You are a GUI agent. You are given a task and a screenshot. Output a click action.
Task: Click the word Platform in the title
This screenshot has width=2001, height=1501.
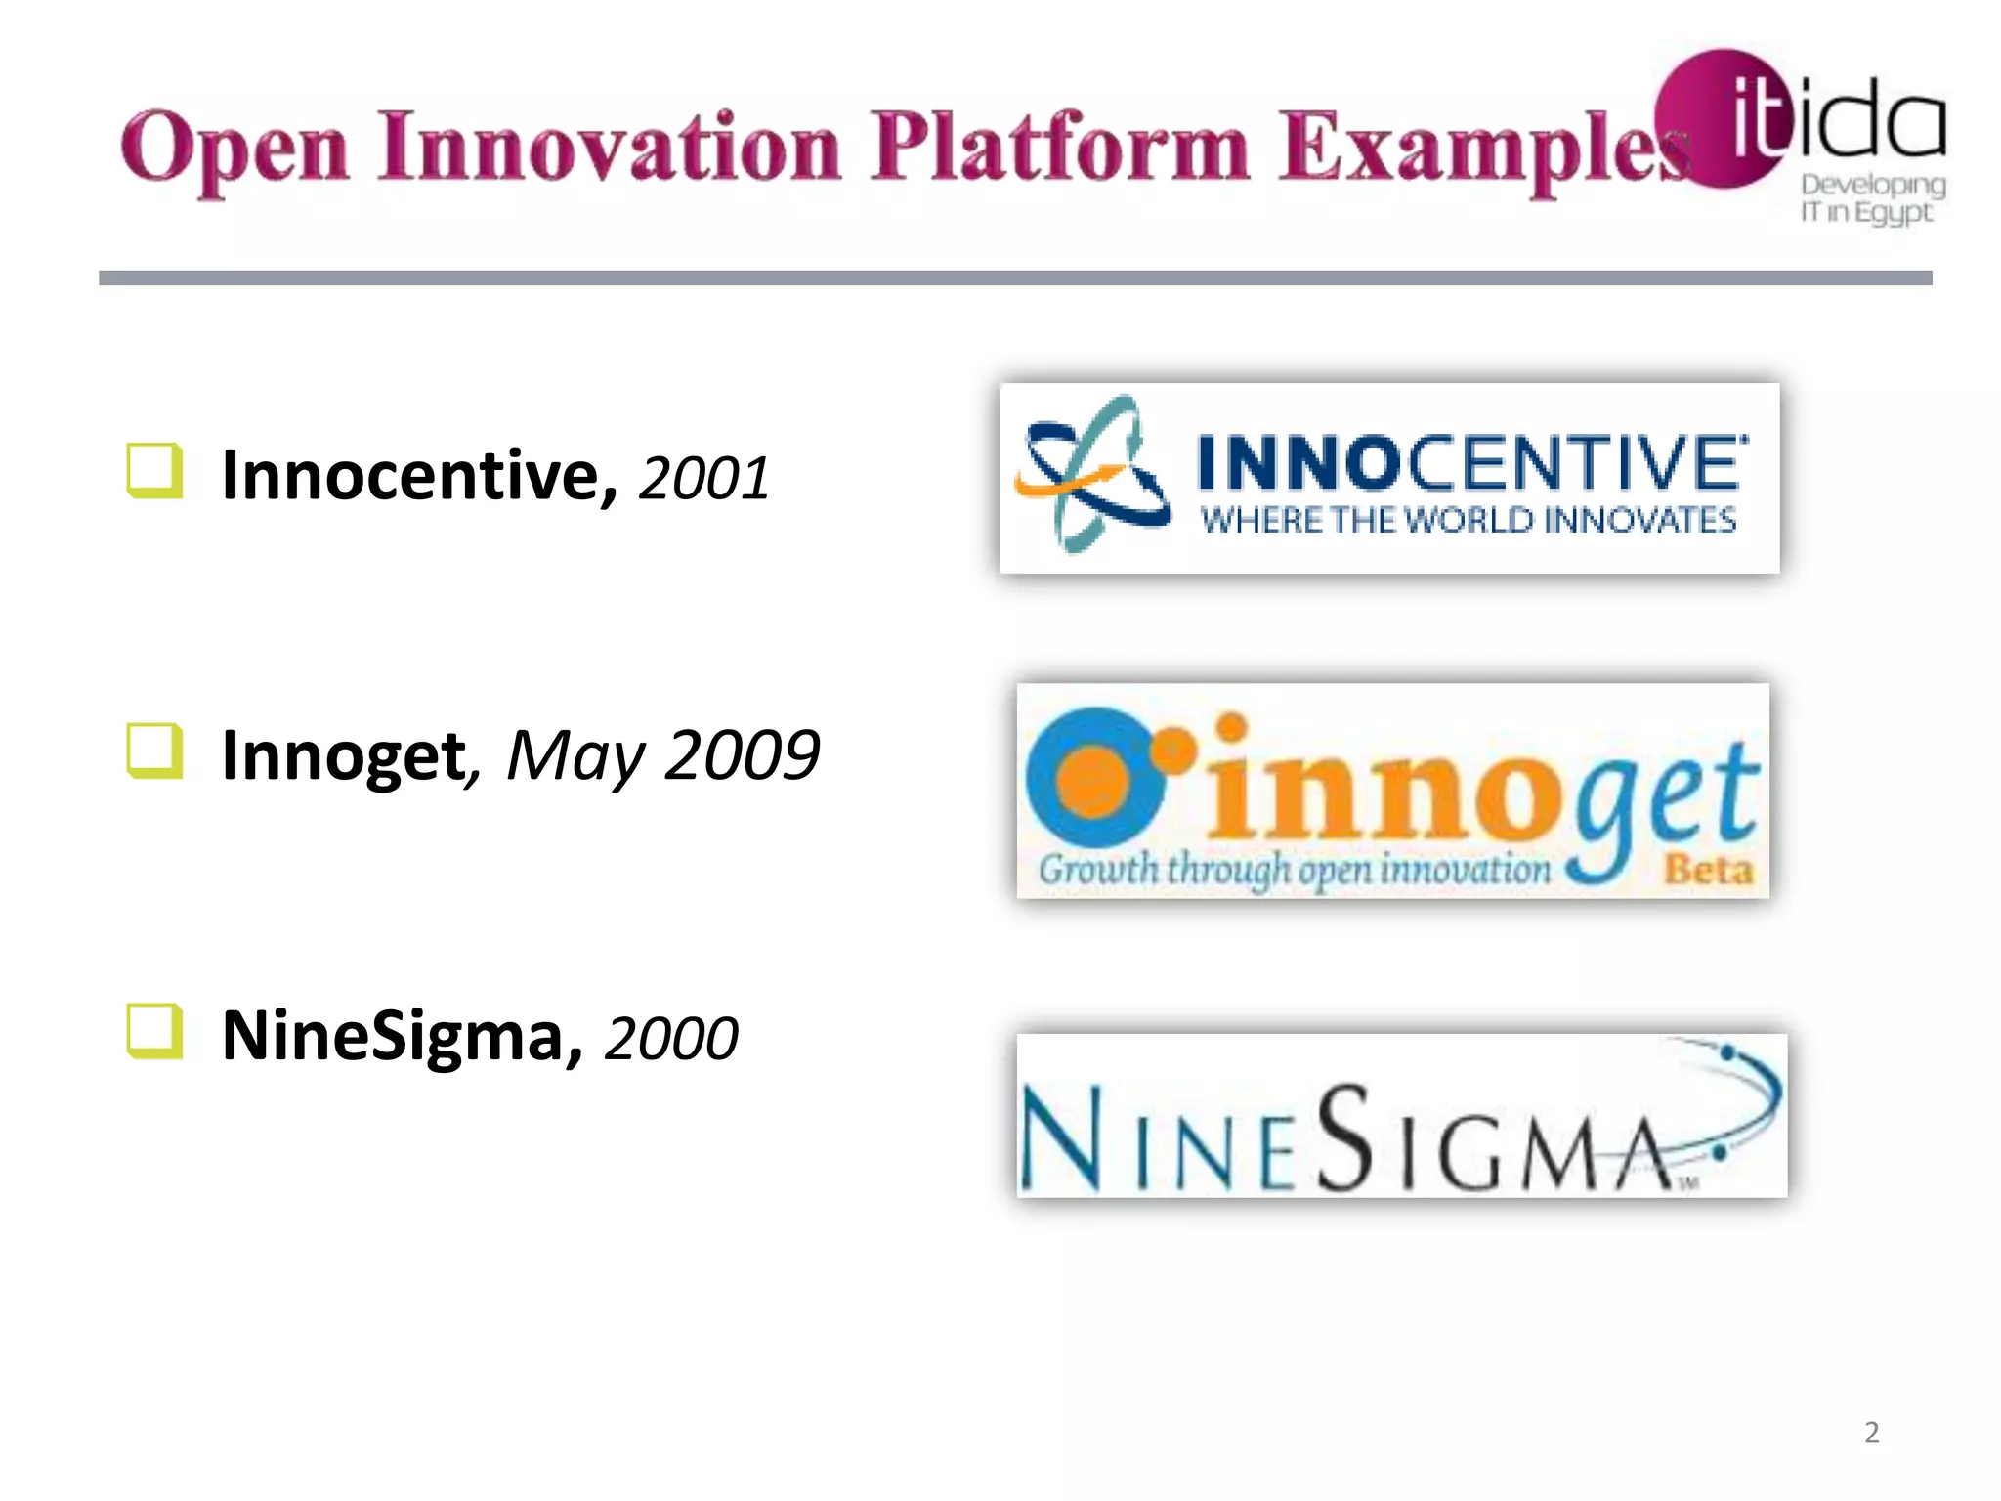click(1059, 149)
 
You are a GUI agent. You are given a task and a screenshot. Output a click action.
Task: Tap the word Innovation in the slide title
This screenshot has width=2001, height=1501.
click(610, 149)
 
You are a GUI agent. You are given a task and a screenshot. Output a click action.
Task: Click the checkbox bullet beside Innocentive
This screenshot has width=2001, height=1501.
click(154, 471)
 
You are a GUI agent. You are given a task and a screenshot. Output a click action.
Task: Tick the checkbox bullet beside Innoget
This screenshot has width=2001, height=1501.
click(154, 750)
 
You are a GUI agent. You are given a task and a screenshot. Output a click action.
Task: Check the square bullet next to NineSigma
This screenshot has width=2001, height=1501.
click(154, 1031)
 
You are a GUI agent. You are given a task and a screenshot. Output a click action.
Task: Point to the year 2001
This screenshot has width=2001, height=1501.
click(703, 479)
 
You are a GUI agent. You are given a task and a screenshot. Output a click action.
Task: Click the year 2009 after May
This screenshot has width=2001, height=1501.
click(742, 755)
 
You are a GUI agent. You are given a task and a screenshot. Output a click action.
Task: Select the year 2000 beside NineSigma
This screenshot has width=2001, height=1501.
click(671, 1038)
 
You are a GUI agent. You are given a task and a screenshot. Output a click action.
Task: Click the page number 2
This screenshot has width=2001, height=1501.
click(1871, 1432)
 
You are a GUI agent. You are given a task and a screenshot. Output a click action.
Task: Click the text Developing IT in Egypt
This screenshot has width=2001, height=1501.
click(1871, 198)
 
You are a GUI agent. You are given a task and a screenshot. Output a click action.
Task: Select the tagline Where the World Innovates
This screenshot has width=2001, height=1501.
click(1468, 520)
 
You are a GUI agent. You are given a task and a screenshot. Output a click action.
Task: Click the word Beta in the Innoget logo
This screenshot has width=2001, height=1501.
click(1708, 868)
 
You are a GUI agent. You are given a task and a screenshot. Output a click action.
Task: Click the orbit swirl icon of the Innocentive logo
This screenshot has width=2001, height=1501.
click(1091, 473)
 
